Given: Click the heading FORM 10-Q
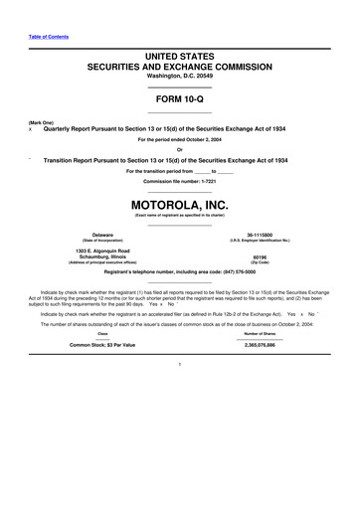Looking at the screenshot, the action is pos(179,101).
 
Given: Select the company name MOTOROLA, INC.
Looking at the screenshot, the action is pos(179,206).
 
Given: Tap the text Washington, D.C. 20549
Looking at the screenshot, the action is pos(179,76).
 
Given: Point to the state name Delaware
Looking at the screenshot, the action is pos(102,235).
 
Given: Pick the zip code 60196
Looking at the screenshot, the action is pos(260,256).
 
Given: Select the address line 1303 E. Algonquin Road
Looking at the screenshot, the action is pos(102,251).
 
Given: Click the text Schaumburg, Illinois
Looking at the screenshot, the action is pos(102,256).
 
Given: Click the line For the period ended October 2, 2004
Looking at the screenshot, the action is pos(179,140).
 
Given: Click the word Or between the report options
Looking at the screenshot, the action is pos(179,150).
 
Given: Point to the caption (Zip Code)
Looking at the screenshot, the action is pos(260,262).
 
